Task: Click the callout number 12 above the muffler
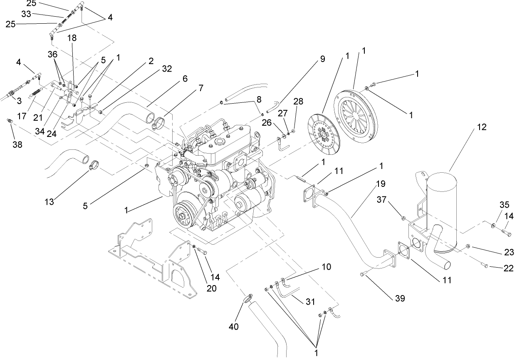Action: pos(481,127)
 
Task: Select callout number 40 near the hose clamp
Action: pos(234,327)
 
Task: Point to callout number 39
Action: pos(400,298)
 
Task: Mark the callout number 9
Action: pos(322,59)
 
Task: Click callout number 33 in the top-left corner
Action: pos(26,14)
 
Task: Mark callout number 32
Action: pos(155,69)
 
